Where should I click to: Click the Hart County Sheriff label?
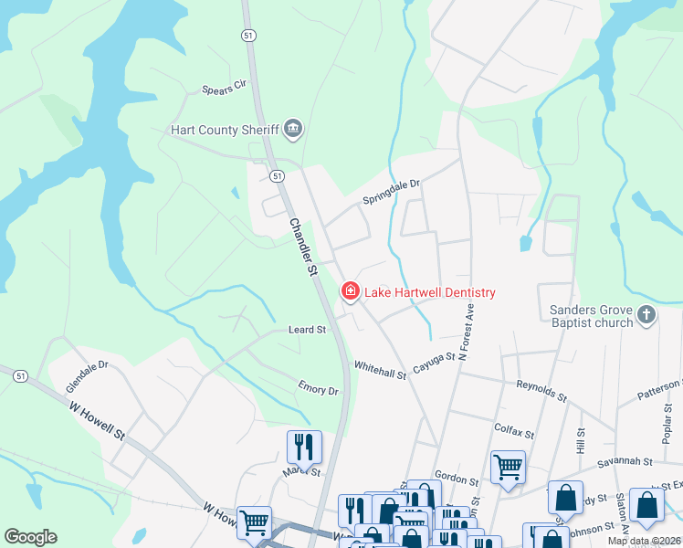coord(225,129)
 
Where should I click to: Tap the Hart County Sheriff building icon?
coord(293,129)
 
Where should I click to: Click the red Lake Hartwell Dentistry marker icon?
coord(350,292)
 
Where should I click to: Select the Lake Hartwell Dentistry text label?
coord(430,292)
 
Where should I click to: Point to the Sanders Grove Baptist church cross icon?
coord(646,315)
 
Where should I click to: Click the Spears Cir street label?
coord(225,89)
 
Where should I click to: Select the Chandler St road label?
coord(302,246)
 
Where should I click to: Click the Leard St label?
coord(307,330)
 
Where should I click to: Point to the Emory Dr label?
coord(318,390)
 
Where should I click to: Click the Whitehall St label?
coord(380,374)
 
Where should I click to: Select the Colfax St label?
coord(512,427)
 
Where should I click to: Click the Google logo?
coord(30,537)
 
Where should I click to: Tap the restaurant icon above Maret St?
coord(304,447)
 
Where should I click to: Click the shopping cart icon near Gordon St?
coord(509,467)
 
